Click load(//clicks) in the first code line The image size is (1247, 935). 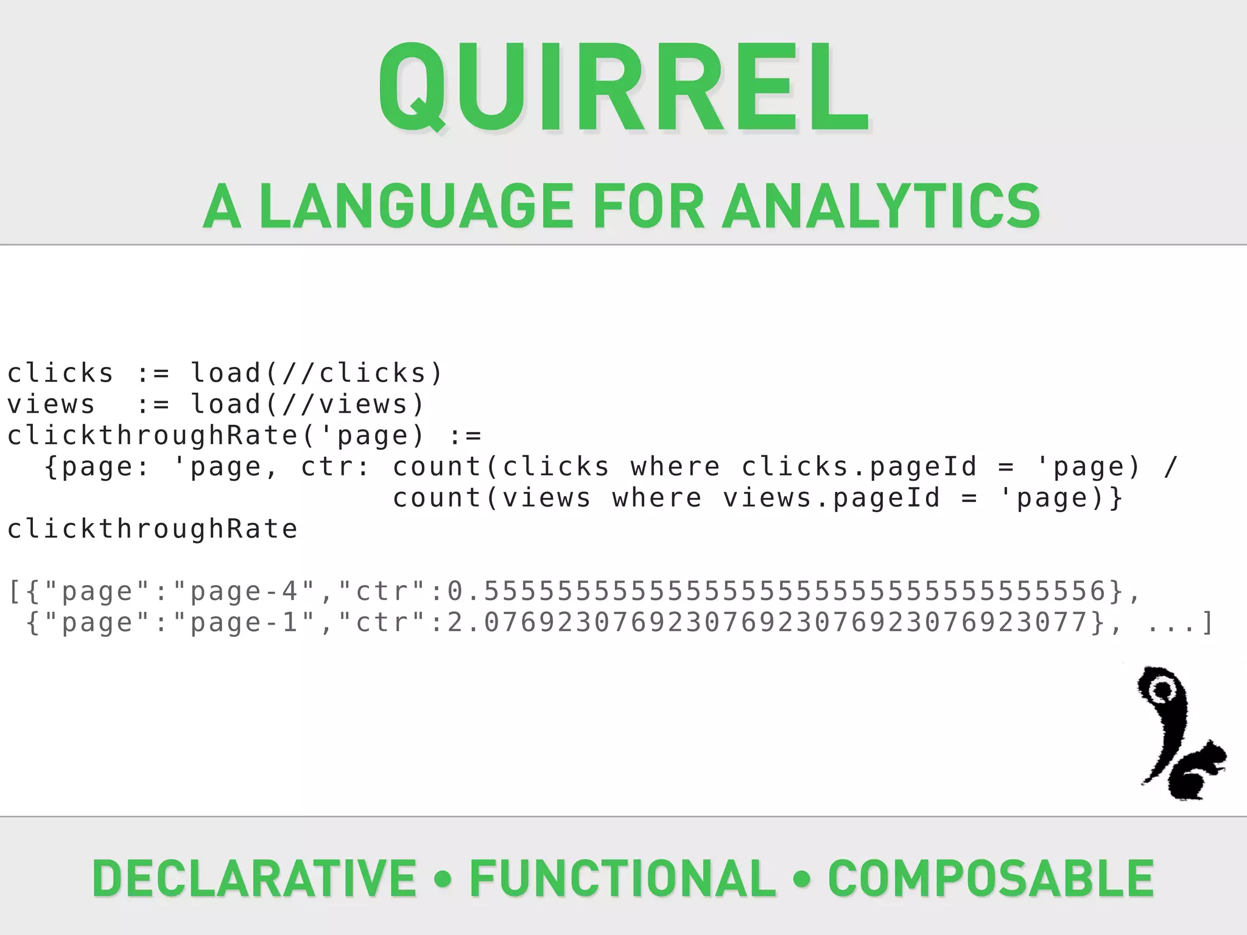pos(317,373)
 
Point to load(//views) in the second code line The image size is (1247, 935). pos(307,404)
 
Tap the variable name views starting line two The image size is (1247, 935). pos(51,404)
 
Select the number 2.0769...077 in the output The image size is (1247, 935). pos(767,623)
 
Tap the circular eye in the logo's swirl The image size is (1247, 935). pos(1163,690)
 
